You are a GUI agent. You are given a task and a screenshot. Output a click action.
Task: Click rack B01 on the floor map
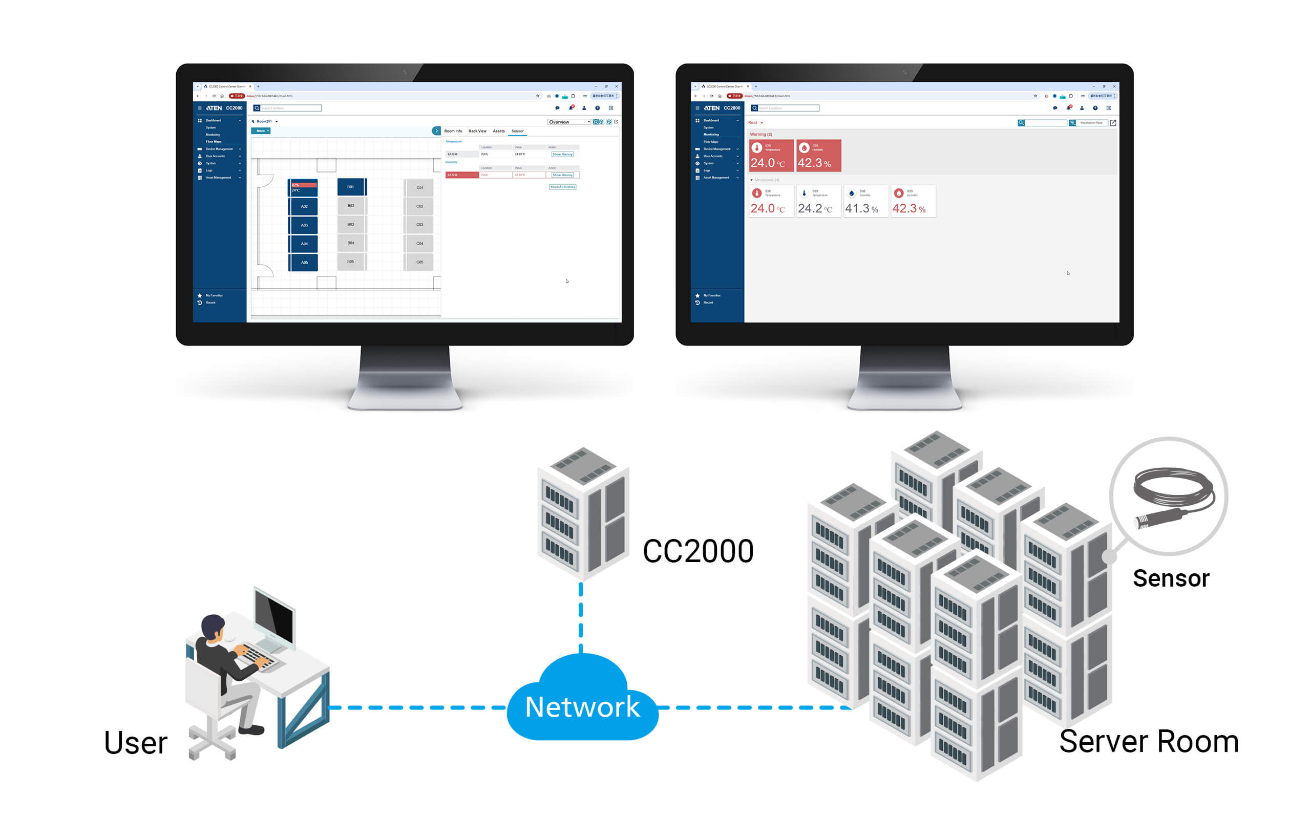(x=351, y=187)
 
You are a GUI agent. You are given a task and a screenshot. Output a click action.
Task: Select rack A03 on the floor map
(x=303, y=225)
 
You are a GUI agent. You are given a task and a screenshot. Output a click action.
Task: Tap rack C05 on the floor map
(x=419, y=262)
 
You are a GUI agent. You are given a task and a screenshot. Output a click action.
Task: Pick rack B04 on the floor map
(x=351, y=243)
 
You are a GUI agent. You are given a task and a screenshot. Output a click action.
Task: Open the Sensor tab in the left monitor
(x=517, y=131)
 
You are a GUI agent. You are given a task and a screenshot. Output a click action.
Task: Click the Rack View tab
(x=477, y=131)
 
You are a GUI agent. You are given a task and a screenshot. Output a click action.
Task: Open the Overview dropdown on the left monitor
(x=568, y=122)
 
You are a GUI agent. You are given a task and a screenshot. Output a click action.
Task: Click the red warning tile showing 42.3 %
(x=818, y=156)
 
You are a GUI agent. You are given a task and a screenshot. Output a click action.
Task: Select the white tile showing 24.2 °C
(x=818, y=202)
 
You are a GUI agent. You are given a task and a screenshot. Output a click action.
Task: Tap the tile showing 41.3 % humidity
(x=865, y=202)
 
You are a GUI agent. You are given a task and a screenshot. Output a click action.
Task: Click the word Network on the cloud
(x=582, y=707)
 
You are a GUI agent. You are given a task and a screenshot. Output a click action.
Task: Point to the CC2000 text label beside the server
(x=698, y=551)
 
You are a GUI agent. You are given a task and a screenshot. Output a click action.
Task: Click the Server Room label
(x=1149, y=742)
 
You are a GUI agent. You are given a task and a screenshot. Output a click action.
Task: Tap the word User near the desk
(x=135, y=743)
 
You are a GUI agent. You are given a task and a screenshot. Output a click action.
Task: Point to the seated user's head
(x=213, y=627)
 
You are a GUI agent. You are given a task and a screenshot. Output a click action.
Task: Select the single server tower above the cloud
(x=583, y=512)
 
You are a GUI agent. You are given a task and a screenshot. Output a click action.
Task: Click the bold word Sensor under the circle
(x=1171, y=578)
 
